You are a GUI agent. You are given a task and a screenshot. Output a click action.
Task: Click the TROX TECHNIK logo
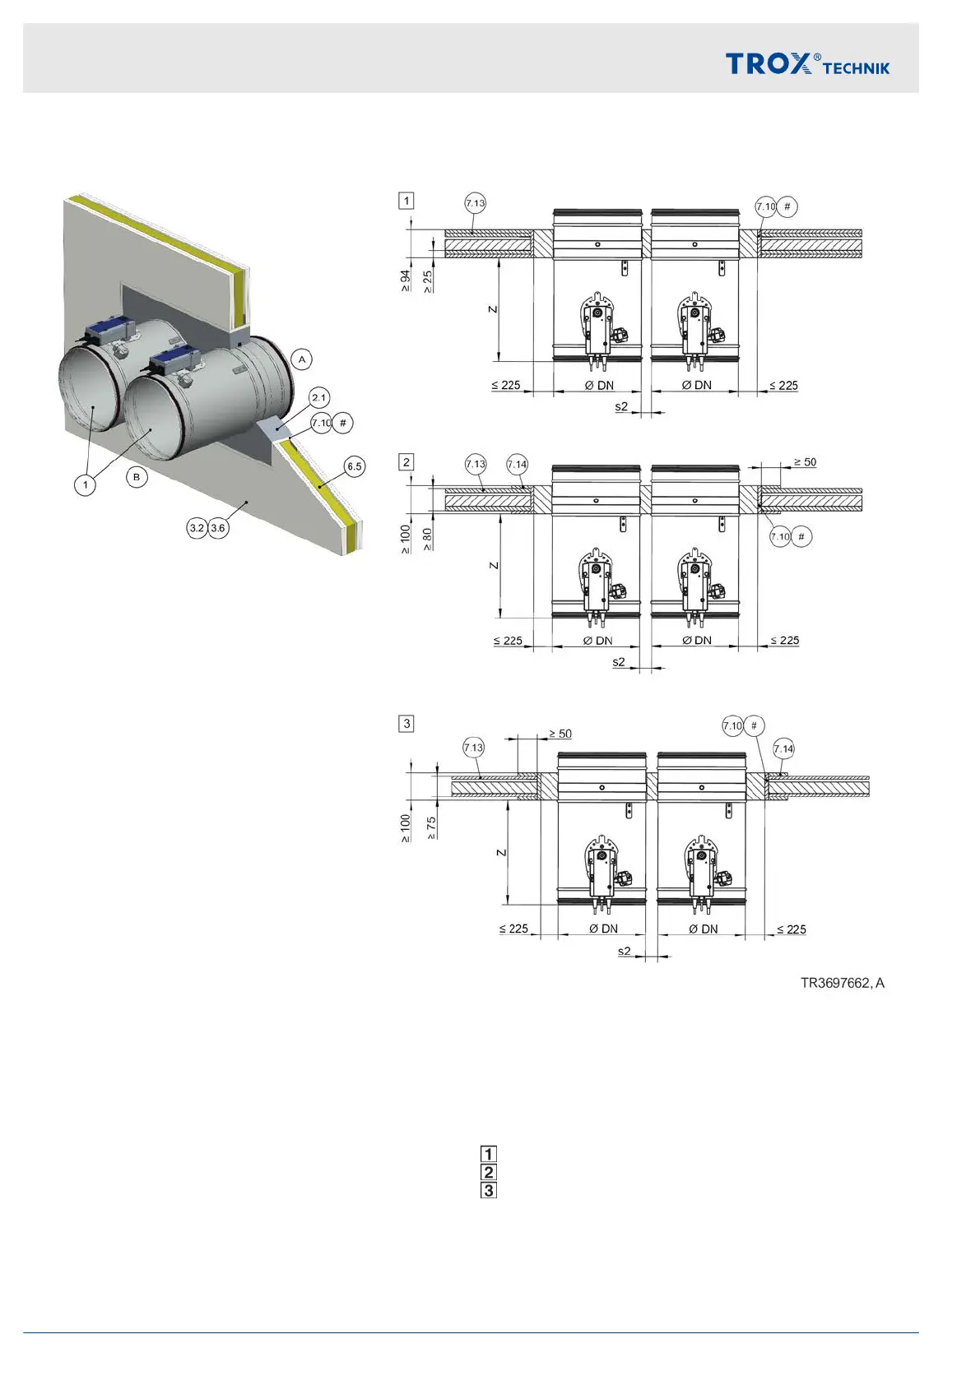tap(806, 63)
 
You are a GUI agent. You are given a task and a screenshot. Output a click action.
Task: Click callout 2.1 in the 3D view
tap(319, 398)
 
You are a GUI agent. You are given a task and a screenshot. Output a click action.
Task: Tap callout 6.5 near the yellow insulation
tap(354, 466)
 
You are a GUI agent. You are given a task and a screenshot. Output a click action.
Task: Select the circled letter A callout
tap(302, 359)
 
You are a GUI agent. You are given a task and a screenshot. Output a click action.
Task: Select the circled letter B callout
tap(137, 476)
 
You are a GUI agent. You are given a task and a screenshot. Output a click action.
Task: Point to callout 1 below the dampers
tap(86, 485)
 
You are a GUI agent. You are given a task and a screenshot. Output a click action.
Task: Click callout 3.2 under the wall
tap(197, 528)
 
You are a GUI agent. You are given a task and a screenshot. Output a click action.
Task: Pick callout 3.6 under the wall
tap(218, 528)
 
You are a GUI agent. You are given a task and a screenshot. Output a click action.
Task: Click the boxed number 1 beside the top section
tap(406, 201)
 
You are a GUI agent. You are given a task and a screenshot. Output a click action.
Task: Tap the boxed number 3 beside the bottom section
tap(406, 724)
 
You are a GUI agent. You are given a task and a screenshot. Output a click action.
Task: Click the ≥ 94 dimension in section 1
tap(406, 280)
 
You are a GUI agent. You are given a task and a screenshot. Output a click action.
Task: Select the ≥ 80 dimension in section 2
tap(427, 539)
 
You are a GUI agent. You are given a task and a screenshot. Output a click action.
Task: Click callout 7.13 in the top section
tap(475, 203)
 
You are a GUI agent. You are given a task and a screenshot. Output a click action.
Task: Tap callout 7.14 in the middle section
tap(517, 465)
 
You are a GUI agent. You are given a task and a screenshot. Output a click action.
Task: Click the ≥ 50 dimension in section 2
tap(805, 462)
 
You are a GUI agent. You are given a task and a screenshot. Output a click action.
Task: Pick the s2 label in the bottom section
tap(625, 951)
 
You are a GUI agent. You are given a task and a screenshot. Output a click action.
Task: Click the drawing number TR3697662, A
tap(842, 983)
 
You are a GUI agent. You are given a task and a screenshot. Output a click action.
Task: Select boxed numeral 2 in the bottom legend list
tap(489, 1172)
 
